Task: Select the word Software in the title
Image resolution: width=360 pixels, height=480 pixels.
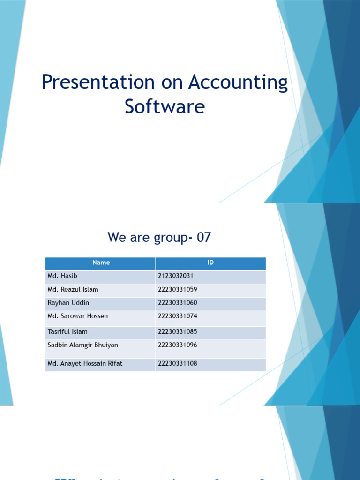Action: pos(165,107)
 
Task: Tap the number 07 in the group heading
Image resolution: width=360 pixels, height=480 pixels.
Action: pos(204,238)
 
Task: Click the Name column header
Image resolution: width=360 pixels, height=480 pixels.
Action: pos(101,262)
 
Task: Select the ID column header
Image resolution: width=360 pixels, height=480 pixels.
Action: pos(210,262)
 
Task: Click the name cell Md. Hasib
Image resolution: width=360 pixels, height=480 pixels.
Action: pos(62,276)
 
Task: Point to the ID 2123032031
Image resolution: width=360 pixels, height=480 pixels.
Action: pos(176,276)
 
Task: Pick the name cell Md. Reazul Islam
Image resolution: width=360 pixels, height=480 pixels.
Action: pos(73,290)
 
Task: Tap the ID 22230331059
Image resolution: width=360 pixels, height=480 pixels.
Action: pos(178,290)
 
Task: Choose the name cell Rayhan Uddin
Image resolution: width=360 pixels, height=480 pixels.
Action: pos(68,303)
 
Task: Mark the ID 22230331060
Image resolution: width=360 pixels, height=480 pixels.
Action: pos(178,303)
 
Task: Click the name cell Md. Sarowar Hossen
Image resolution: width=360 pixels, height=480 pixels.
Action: pos(78,316)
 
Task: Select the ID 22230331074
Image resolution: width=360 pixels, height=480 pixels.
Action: pos(178,316)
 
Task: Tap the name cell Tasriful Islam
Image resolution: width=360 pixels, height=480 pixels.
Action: pos(67,332)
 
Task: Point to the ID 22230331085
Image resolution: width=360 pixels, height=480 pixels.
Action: pos(178,332)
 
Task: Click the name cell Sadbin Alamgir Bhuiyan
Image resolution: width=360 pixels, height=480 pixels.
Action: pos(83,345)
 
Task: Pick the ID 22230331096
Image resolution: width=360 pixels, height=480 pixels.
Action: pos(178,345)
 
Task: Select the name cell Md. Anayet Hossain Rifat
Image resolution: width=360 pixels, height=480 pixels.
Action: pos(85,363)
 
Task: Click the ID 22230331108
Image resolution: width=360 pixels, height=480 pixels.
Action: pos(178,363)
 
